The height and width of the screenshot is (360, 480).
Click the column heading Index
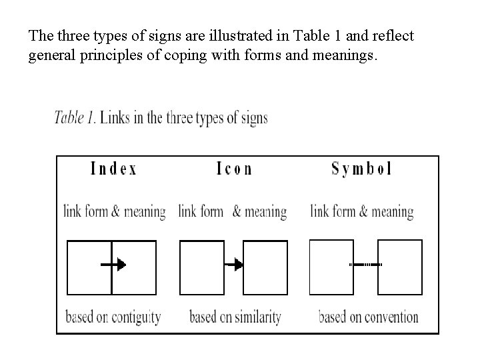point(113,169)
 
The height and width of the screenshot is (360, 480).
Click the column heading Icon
point(235,169)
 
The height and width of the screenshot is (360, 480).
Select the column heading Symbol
point(361,169)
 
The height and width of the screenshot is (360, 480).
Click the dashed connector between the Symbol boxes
point(366,265)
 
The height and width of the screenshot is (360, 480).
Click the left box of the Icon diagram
point(202,267)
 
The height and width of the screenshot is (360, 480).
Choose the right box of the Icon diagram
point(265,267)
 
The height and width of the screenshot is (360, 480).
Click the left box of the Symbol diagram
point(332,267)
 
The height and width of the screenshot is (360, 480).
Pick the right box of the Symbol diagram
point(400,267)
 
